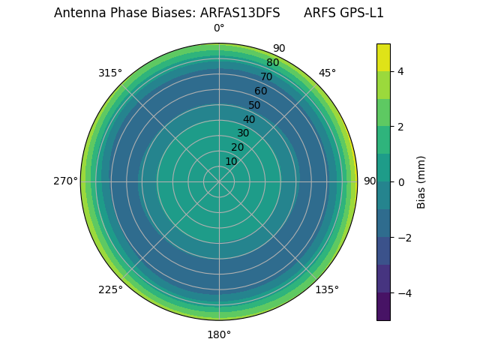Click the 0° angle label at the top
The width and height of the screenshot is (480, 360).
point(219,28)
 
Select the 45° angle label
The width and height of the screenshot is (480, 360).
point(327,73)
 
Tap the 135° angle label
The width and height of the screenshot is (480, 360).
point(327,289)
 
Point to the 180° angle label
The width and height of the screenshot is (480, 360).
point(219,334)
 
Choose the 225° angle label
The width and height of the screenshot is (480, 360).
point(110,289)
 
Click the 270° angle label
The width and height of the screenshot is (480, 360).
point(65,181)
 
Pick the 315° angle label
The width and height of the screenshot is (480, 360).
point(110,73)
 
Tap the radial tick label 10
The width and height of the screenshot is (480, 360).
point(231,161)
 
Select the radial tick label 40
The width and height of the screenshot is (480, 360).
point(249,119)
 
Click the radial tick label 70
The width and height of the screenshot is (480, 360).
point(266,76)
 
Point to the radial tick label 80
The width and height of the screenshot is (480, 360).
point(272,63)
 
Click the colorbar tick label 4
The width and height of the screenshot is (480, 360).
point(401,71)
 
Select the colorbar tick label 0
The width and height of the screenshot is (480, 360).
point(401,182)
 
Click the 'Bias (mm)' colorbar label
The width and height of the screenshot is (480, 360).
point(421,182)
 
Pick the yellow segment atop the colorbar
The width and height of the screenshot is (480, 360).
point(383,58)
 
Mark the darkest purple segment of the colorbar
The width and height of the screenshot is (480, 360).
point(383,307)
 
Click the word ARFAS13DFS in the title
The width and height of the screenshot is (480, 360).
point(240,13)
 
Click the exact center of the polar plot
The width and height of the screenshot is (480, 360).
point(219,181)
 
